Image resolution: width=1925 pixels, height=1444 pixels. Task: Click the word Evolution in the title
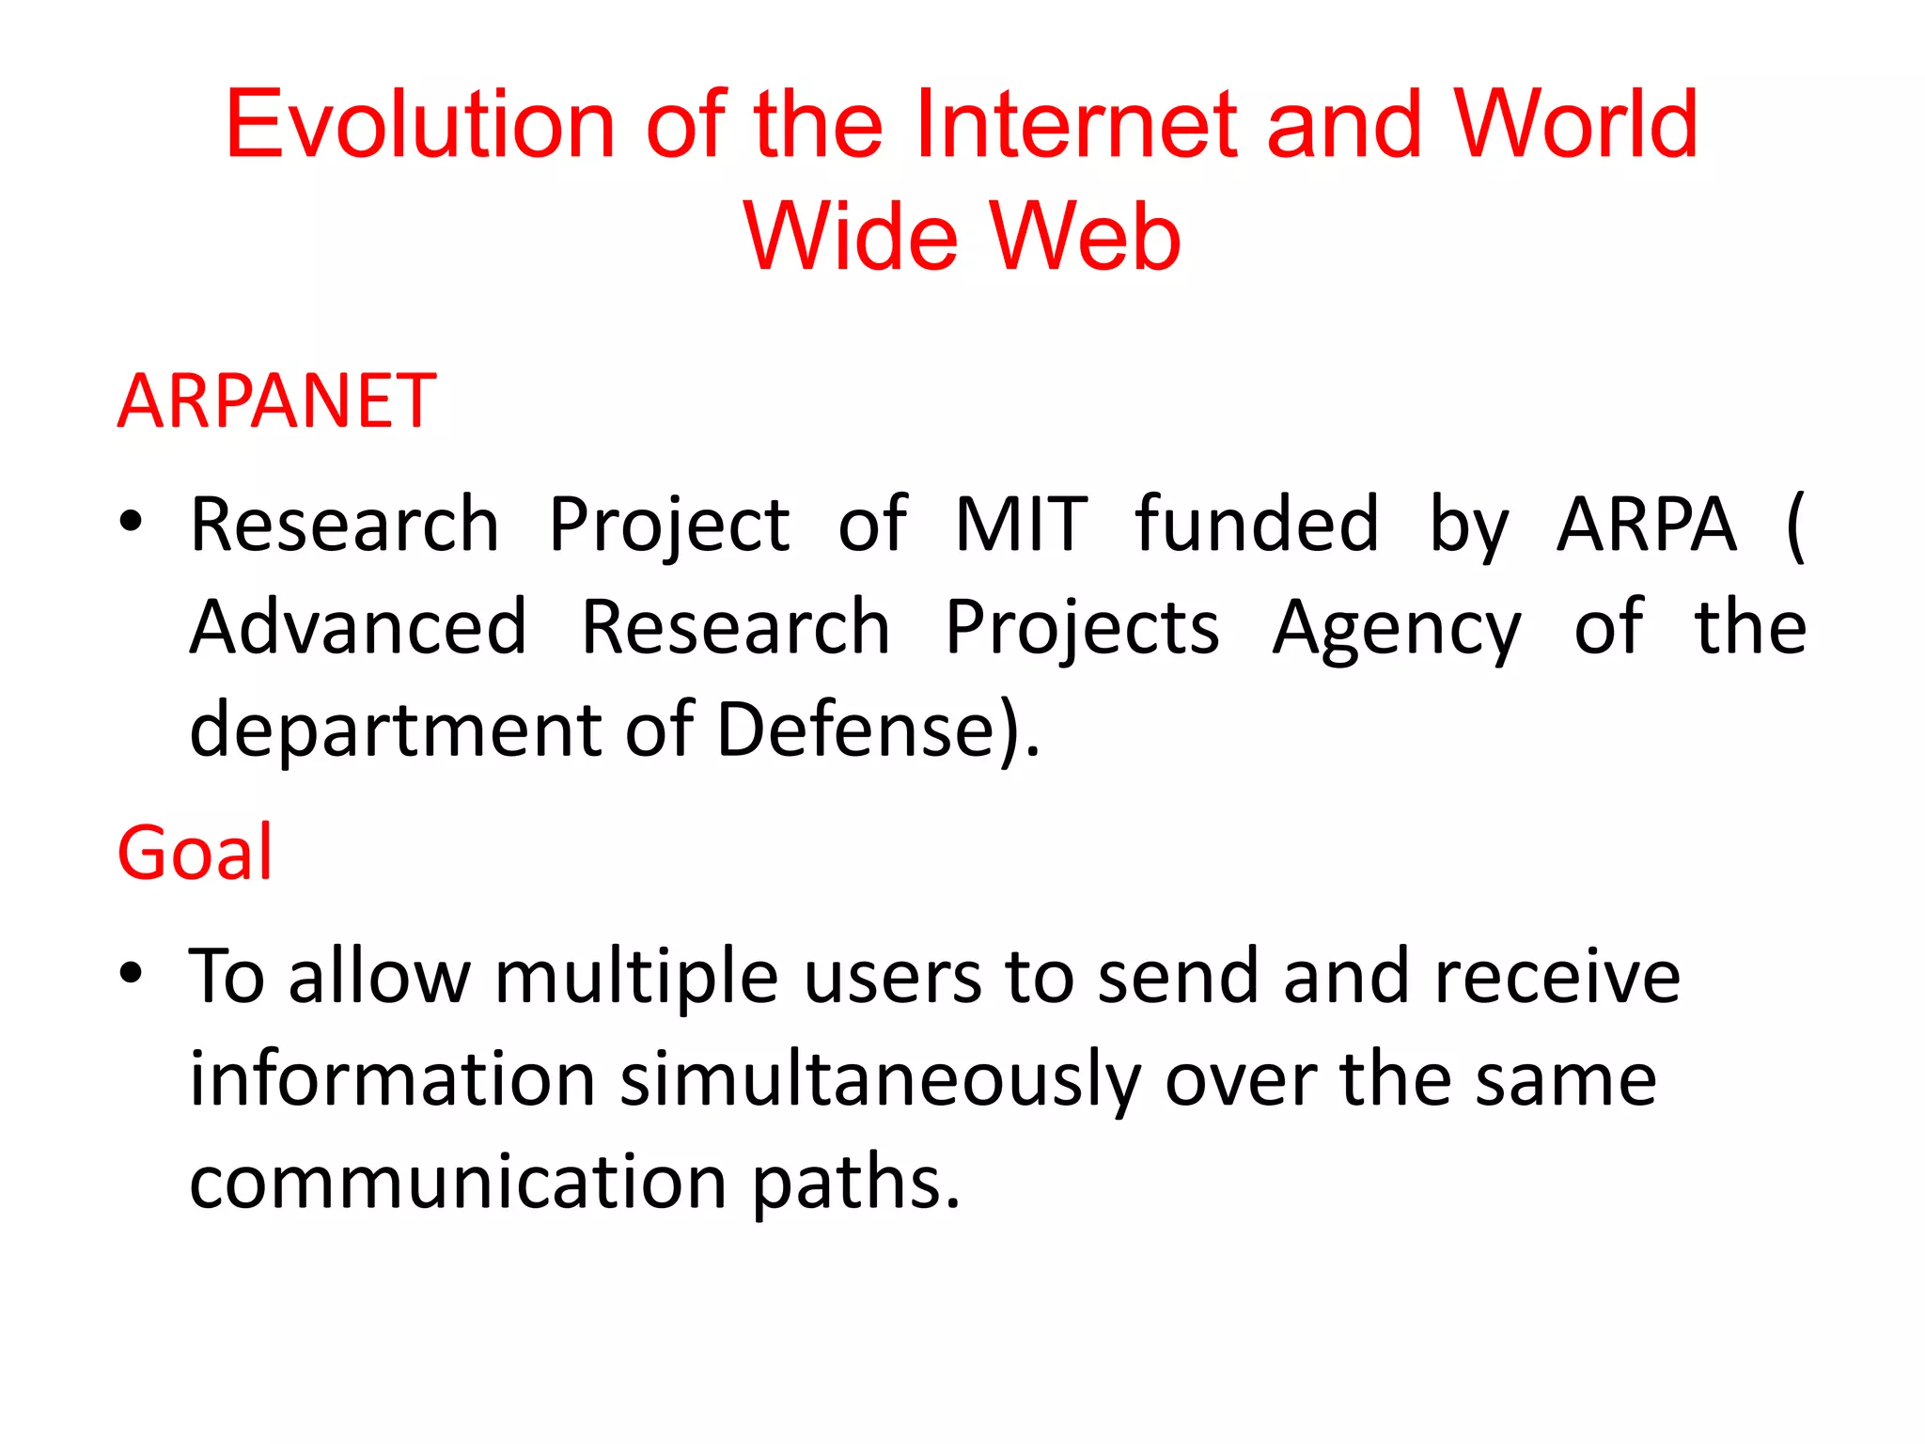click(x=419, y=124)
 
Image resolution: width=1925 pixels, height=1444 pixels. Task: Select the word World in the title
click(x=1576, y=124)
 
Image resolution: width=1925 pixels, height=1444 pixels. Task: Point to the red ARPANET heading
click(x=277, y=401)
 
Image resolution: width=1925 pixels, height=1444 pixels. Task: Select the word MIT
click(x=1021, y=525)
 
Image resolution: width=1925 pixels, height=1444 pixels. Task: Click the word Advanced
click(x=358, y=627)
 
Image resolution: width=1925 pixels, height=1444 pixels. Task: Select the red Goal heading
click(x=195, y=853)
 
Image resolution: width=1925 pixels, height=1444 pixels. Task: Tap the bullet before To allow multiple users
click(x=131, y=973)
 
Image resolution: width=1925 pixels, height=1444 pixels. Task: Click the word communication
click(x=458, y=1182)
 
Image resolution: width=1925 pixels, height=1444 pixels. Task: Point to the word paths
click(x=856, y=1182)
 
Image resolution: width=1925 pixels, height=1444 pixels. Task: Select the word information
click(x=392, y=1079)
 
